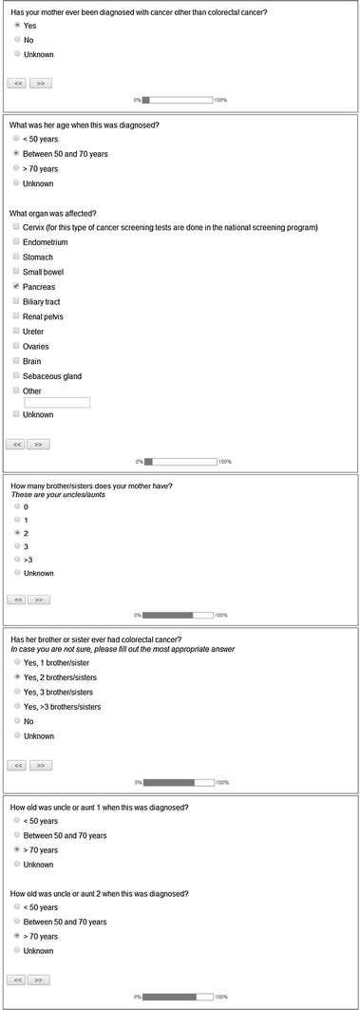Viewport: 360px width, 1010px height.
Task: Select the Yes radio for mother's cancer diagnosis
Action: pyautogui.click(x=16, y=26)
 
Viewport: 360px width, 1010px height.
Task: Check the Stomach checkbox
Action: pyautogui.click(x=16, y=257)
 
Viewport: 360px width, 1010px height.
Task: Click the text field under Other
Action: pyautogui.click(x=57, y=403)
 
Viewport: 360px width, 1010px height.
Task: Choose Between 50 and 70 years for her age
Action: pyautogui.click(x=16, y=153)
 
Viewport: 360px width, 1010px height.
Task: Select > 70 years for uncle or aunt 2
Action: pyautogui.click(x=16, y=936)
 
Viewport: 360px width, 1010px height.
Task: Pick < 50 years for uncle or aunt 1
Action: pyautogui.click(x=16, y=821)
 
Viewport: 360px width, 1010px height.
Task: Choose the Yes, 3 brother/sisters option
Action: pyautogui.click(x=16, y=692)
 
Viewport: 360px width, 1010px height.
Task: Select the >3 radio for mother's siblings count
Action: pyautogui.click(x=16, y=560)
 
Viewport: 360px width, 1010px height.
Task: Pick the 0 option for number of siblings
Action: pyautogui.click(x=16, y=506)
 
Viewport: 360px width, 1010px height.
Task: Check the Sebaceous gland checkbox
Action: pyautogui.click(x=16, y=376)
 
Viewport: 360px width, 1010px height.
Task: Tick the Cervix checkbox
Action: pyautogui.click(x=16, y=227)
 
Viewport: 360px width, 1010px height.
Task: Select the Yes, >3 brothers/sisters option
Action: pyautogui.click(x=16, y=706)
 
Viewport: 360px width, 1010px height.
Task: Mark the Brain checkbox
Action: pyautogui.click(x=16, y=361)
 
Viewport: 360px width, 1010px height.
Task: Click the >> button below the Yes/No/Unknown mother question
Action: pyautogui.click(x=41, y=83)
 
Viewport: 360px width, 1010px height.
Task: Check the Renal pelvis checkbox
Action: pyautogui.click(x=16, y=316)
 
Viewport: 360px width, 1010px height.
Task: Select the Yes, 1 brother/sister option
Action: pyautogui.click(x=16, y=661)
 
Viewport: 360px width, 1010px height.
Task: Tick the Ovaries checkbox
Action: pyautogui.click(x=16, y=346)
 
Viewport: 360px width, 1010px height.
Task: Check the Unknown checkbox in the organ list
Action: pyautogui.click(x=16, y=414)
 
